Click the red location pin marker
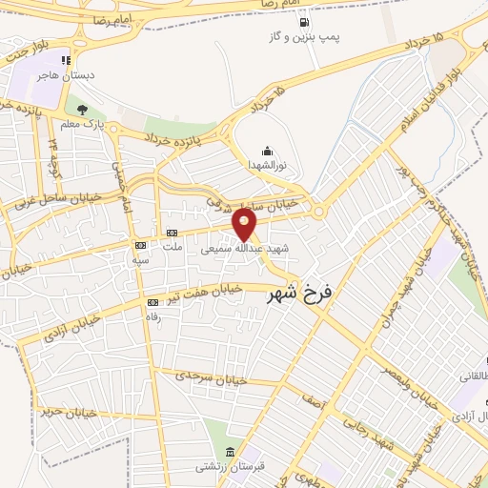[246, 225]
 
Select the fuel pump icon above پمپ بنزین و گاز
[304, 22]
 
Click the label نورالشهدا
[266, 165]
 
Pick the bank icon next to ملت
[173, 233]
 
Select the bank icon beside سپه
[141, 244]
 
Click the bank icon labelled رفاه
[152, 301]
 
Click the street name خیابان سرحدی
[212, 377]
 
